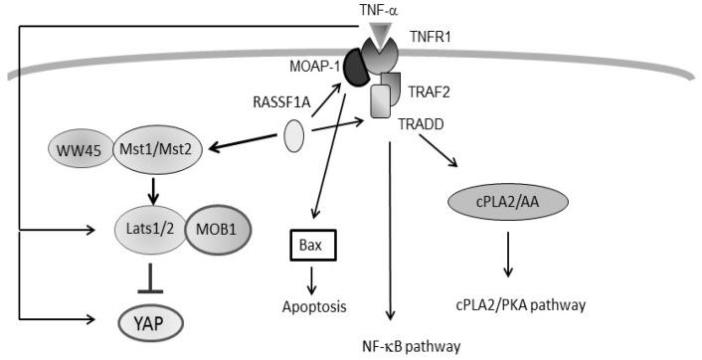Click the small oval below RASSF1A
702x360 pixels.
point(294,136)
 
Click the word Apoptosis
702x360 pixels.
point(311,307)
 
